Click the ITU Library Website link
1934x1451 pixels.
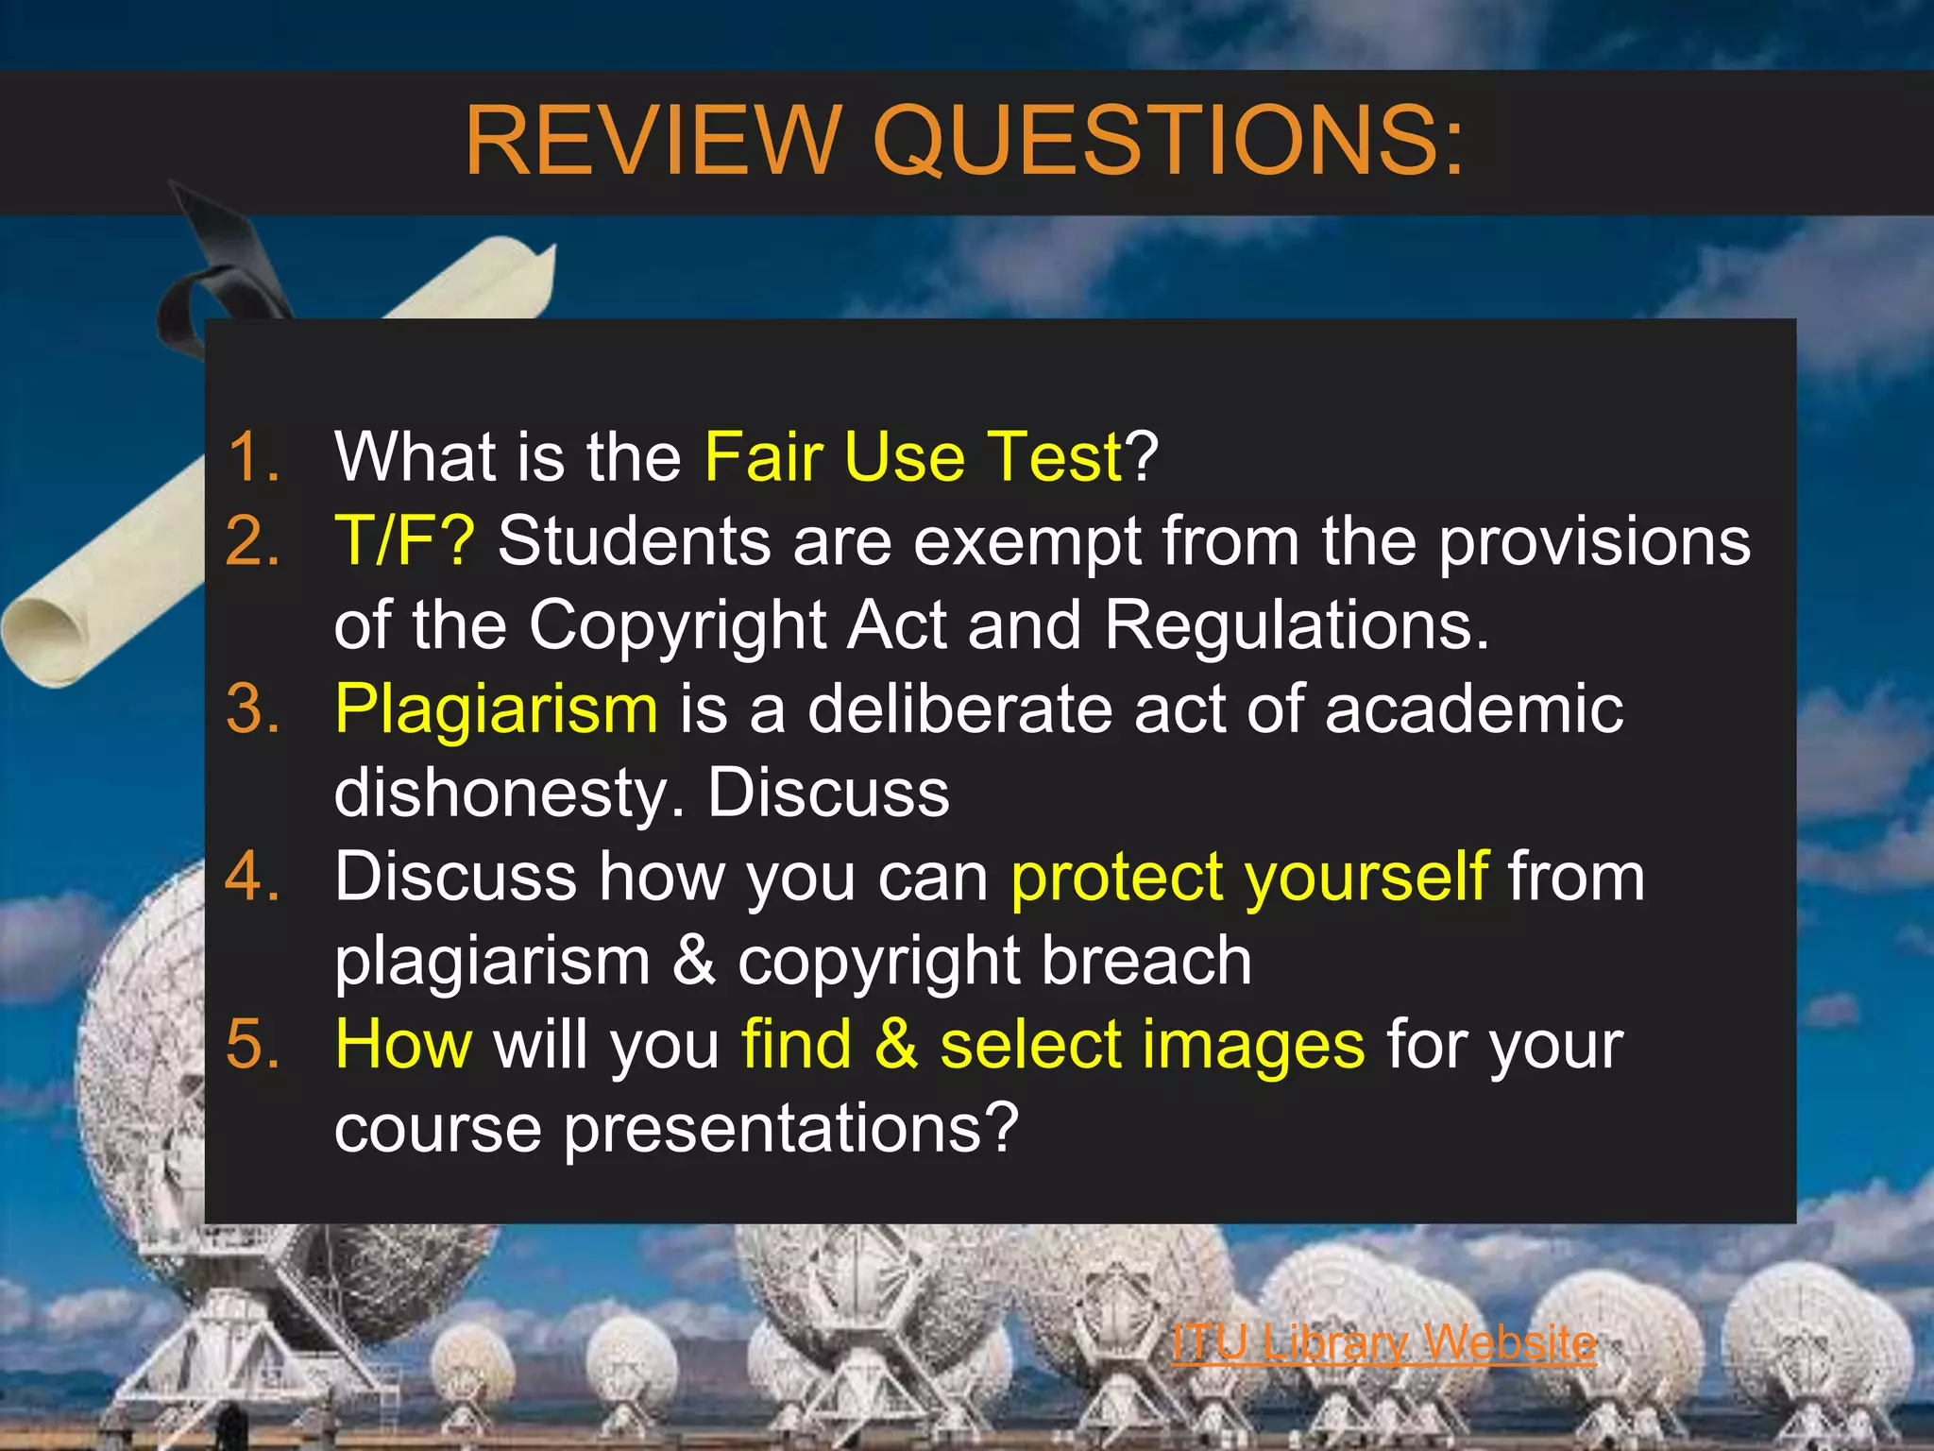(1383, 1341)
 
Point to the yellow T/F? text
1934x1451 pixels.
(405, 541)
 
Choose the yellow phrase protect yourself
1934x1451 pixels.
(1249, 877)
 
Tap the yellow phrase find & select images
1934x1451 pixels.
(1053, 1045)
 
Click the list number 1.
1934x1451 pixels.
(254, 457)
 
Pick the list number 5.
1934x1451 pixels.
(254, 1045)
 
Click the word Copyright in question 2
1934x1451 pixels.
(677, 625)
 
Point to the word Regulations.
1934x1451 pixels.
(1296, 625)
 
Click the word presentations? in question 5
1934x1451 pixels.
(791, 1128)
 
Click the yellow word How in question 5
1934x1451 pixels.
(404, 1045)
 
